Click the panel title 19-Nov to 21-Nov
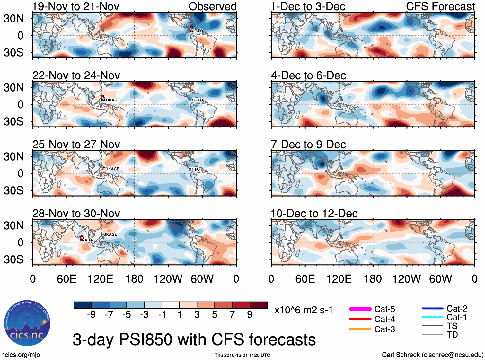click(x=76, y=6)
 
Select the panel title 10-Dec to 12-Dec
click(x=314, y=214)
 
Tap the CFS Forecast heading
click(x=440, y=6)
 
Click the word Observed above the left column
click(x=212, y=6)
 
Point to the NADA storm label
click(x=87, y=240)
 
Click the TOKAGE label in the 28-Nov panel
click(x=109, y=234)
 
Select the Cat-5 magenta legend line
click(x=360, y=309)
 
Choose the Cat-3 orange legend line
click(x=360, y=329)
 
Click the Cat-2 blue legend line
click(x=432, y=309)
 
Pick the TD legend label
click(x=452, y=335)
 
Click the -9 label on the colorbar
click(x=91, y=314)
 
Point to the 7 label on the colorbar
click(x=232, y=314)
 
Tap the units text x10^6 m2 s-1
click(x=303, y=310)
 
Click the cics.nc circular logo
click(x=27, y=323)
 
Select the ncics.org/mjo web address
click(x=21, y=355)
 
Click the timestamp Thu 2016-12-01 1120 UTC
click(x=242, y=355)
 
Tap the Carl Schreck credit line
click(x=432, y=355)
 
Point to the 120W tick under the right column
click(x=406, y=279)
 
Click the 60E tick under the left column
click(x=66, y=279)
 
